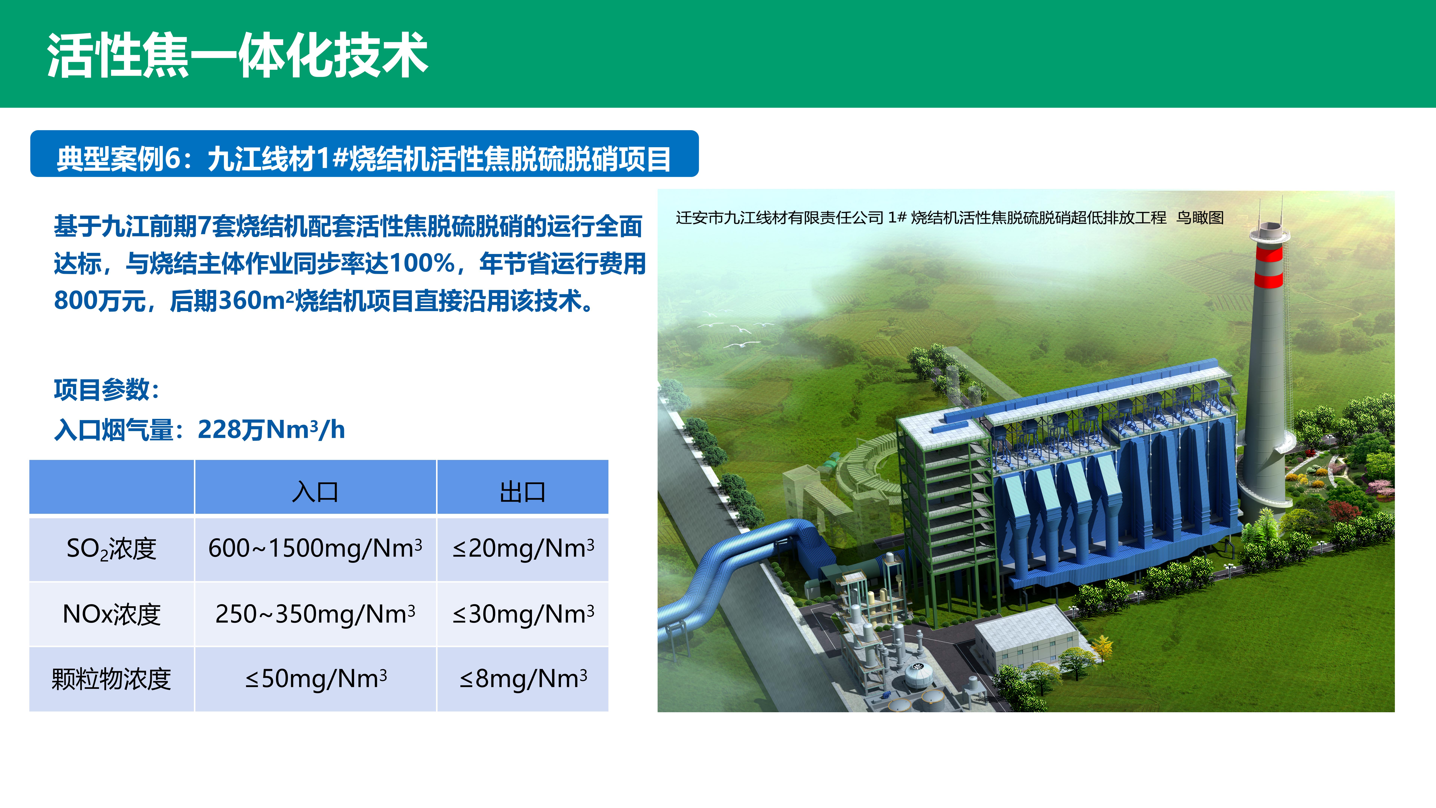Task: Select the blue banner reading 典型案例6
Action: click(364, 154)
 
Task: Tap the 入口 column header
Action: click(315, 491)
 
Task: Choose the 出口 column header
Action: click(522, 491)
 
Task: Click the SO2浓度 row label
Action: click(111, 549)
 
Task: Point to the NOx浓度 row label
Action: click(111, 614)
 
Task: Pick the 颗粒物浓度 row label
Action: click(111, 679)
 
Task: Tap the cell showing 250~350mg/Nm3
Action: click(315, 614)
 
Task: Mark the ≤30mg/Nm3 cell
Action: click(523, 614)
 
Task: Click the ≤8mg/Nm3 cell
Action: click(523, 679)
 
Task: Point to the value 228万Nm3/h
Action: click(271, 429)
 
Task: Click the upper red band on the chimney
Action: click(1269, 254)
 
